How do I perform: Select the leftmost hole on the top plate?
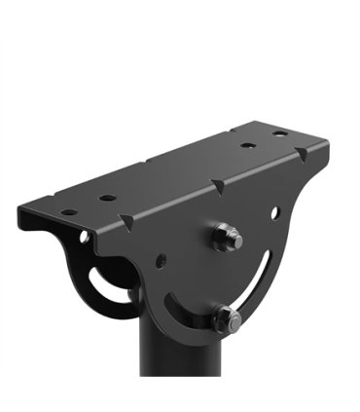pyautogui.click(x=68, y=211)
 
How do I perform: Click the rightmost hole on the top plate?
pyautogui.click(x=280, y=132)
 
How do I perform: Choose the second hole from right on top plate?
pyautogui.click(x=249, y=144)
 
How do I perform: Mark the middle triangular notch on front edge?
pyautogui.click(x=218, y=184)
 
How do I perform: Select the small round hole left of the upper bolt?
pyautogui.click(x=162, y=261)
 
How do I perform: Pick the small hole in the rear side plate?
pyautogui.click(x=84, y=236)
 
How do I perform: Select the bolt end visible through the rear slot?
pyautogui.click(x=130, y=291)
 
